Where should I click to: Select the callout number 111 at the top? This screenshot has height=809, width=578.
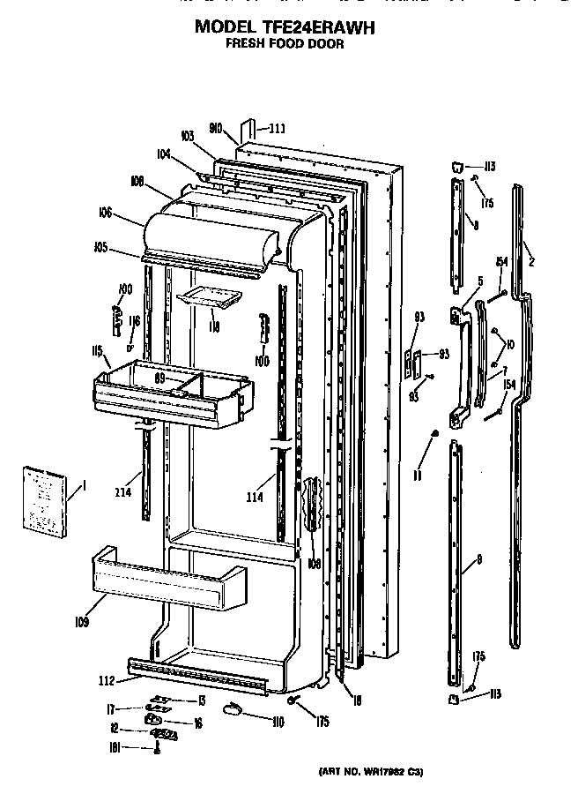277,128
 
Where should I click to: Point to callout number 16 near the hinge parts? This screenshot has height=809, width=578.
198,723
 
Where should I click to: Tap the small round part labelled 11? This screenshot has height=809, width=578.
435,434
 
